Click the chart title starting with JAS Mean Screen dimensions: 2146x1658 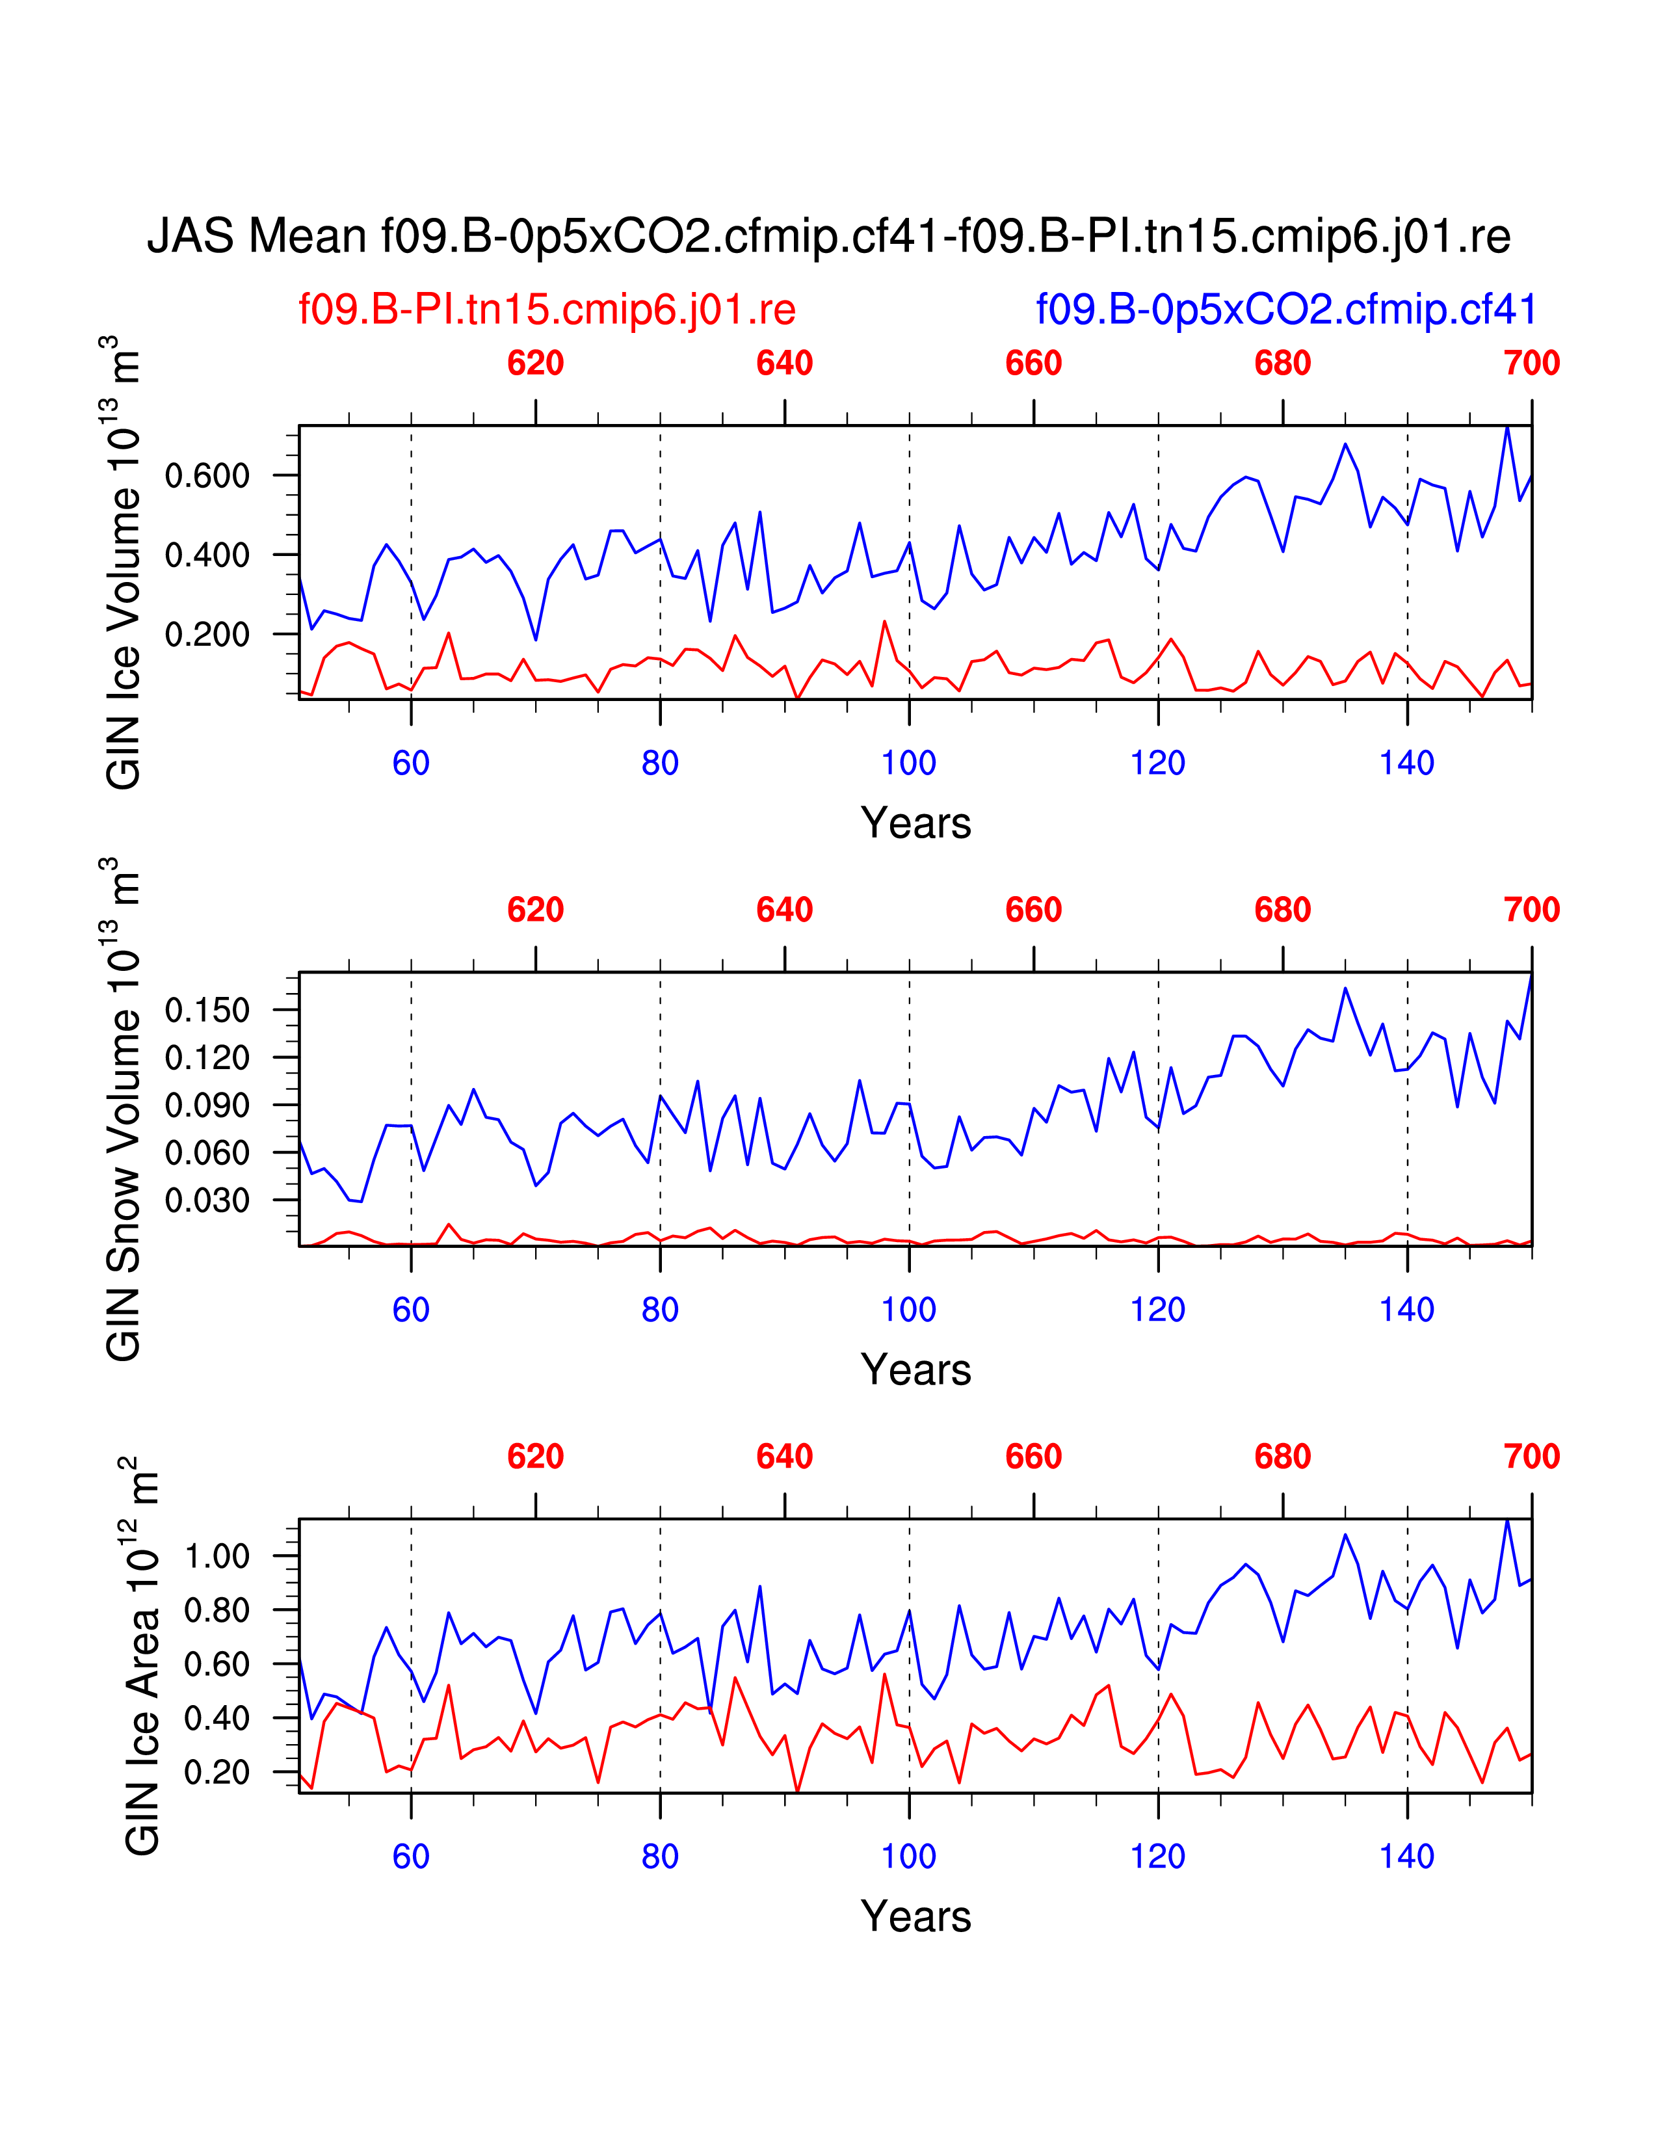click(x=828, y=237)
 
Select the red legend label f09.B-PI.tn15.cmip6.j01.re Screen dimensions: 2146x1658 click(x=547, y=310)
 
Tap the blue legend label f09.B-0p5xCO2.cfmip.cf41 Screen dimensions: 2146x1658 click(x=1285, y=310)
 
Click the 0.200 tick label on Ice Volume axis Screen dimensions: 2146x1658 click(x=207, y=635)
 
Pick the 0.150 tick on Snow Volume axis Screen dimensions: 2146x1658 click(x=207, y=1009)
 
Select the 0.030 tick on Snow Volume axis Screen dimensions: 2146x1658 click(x=207, y=1200)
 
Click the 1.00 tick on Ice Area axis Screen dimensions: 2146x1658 click(x=217, y=1556)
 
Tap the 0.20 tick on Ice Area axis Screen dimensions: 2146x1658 click(x=217, y=1773)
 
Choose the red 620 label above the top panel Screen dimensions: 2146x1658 click(x=535, y=364)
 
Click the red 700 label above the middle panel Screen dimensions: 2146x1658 click(x=1531, y=910)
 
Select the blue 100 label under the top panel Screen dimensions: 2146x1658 click(x=908, y=763)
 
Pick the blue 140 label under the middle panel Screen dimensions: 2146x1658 click(x=1406, y=1310)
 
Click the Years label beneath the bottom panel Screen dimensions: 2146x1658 click(x=915, y=1917)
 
